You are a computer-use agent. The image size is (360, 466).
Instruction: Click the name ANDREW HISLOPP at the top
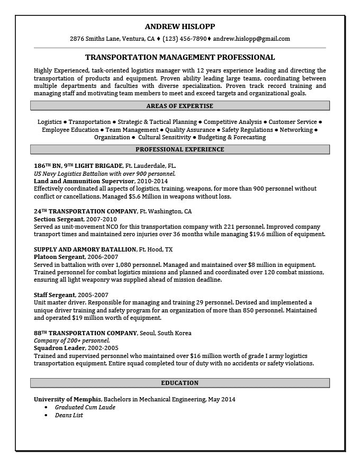(180, 26)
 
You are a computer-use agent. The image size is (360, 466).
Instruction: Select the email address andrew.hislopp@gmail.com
(251, 39)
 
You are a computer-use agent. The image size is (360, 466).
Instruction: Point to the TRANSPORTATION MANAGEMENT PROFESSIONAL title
(180, 57)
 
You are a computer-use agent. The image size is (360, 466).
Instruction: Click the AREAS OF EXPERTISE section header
(180, 106)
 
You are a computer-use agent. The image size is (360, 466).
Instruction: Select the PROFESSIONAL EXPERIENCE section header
(180, 149)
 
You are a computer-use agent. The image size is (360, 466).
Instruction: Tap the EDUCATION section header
(180, 383)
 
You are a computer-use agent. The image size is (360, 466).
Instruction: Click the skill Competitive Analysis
(232, 122)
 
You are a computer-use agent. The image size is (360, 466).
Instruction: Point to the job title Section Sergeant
(58, 219)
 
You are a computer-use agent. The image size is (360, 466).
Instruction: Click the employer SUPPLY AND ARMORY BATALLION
(85, 249)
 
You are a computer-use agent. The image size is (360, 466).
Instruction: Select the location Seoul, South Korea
(166, 333)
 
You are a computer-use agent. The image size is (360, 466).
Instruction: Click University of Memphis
(67, 399)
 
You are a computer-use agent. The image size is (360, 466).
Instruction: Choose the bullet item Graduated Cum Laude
(85, 407)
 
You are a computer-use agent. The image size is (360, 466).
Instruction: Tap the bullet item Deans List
(69, 415)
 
